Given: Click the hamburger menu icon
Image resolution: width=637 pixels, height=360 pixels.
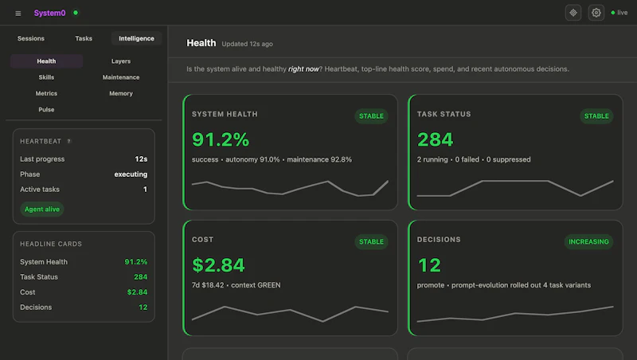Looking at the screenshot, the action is [x=18, y=14].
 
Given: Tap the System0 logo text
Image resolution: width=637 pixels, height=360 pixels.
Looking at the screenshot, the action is [x=49, y=13].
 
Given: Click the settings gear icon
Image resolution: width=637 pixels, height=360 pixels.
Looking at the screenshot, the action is [x=596, y=13].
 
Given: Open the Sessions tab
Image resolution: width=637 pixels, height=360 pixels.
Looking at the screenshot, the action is [x=31, y=38].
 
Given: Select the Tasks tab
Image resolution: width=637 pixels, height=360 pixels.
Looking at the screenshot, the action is [x=84, y=38].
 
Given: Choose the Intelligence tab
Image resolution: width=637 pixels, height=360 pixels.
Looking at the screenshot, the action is [x=136, y=38].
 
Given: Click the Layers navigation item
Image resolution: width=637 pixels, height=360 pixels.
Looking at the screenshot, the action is [x=121, y=61].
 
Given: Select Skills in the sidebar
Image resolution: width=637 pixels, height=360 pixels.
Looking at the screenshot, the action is [x=46, y=77].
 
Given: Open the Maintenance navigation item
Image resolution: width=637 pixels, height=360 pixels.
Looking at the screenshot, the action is [x=121, y=77].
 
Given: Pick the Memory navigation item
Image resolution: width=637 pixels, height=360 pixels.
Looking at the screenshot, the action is [x=121, y=93].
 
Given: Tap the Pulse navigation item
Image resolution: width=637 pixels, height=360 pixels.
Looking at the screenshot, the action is [x=46, y=110].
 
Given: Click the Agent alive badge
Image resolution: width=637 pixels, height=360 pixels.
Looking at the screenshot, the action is [x=42, y=209].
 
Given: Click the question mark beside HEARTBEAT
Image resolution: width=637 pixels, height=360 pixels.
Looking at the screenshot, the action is [x=69, y=141].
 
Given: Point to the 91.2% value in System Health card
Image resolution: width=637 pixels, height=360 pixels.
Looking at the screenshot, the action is [x=221, y=139].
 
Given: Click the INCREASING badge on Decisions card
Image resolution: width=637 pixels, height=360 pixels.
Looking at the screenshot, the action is [x=588, y=242].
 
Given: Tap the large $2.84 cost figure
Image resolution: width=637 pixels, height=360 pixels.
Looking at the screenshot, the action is [x=218, y=265].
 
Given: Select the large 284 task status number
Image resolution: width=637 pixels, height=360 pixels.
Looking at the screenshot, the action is [x=435, y=139].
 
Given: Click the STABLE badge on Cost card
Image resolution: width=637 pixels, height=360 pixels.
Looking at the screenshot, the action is [x=371, y=242].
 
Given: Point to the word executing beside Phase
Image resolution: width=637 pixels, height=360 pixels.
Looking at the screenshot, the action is [x=131, y=174].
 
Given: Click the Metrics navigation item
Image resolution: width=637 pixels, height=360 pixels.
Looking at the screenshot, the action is [x=46, y=93].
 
